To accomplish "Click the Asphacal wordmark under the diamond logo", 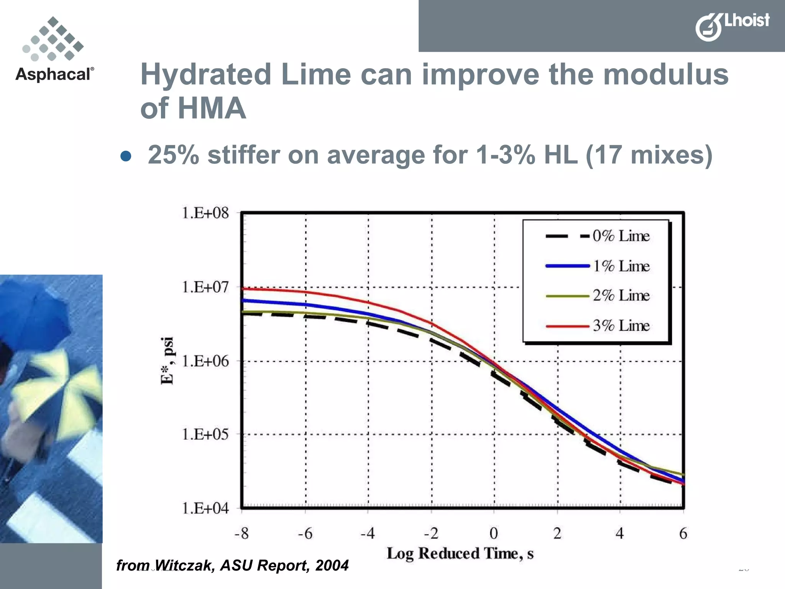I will pyautogui.click(x=54, y=74).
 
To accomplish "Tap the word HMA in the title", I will pyautogui.click(x=212, y=108).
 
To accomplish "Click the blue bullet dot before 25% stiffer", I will pyautogui.click(x=126, y=156).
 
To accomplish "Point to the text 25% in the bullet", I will pyautogui.click(x=173, y=155).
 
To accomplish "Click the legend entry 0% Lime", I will pyautogui.click(x=621, y=236).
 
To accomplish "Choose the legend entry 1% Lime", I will pyautogui.click(x=621, y=266).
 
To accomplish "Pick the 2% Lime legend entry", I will pyautogui.click(x=621, y=296).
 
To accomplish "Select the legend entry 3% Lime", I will pyautogui.click(x=621, y=326).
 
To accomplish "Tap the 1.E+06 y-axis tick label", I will pyautogui.click(x=205, y=361).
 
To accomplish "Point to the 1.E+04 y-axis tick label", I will pyautogui.click(x=205, y=508).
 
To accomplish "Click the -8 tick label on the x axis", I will pyautogui.click(x=241, y=533).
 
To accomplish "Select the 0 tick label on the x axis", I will pyautogui.click(x=494, y=533).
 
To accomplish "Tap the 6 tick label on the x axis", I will pyautogui.click(x=683, y=533).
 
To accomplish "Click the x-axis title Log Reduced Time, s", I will pyautogui.click(x=460, y=553).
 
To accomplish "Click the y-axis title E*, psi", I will pyautogui.click(x=168, y=360).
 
